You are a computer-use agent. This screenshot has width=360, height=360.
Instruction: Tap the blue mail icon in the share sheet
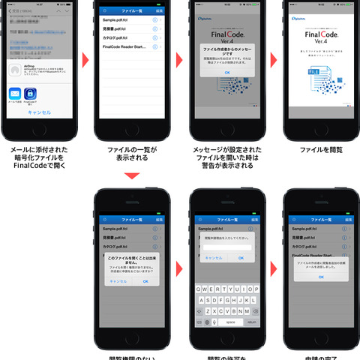click(15, 94)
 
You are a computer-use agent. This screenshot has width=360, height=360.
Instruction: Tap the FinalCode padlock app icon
click(31, 94)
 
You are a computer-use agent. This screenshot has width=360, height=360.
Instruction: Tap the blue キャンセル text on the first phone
click(39, 112)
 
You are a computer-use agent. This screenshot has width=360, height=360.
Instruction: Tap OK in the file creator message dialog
click(226, 73)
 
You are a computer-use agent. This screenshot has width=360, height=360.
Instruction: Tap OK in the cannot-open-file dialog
click(145, 281)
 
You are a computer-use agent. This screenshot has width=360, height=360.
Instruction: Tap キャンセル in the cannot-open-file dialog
click(118, 281)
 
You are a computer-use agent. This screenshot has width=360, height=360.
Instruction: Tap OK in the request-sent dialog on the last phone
click(321, 277)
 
